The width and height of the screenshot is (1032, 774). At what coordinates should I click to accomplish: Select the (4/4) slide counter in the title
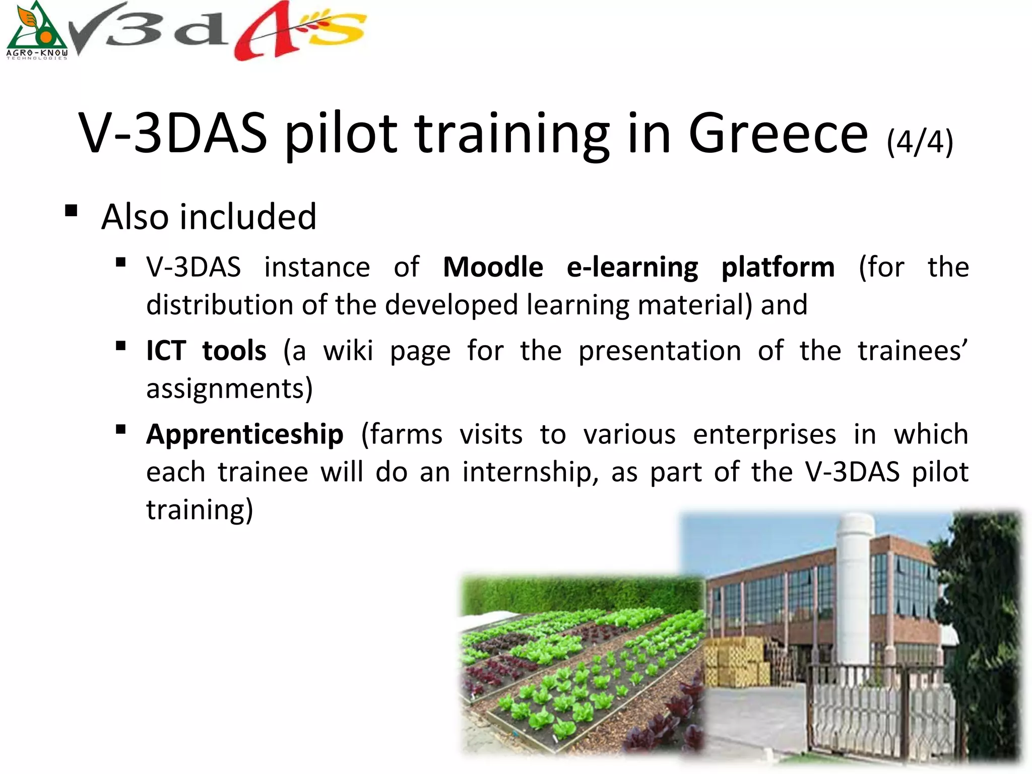(920, 142)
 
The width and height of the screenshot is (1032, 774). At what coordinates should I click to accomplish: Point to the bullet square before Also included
(71, 210)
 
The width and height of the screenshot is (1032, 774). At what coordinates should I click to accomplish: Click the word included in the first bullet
(247, 217)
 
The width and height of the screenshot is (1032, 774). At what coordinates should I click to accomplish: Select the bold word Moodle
(492, 267)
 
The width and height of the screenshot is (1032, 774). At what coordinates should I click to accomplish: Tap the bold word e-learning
(632, 268)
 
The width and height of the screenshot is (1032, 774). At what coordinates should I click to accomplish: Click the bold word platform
(778, 268)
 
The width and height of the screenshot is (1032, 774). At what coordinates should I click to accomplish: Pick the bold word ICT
(166, 351)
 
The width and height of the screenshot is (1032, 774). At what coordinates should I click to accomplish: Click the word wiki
(348, 351)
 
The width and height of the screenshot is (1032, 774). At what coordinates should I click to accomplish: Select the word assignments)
(229, 389)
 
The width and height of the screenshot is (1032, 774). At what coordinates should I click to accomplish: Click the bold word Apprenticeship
(245, 434)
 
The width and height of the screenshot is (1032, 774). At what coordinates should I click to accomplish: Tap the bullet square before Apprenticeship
(120, 429)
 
